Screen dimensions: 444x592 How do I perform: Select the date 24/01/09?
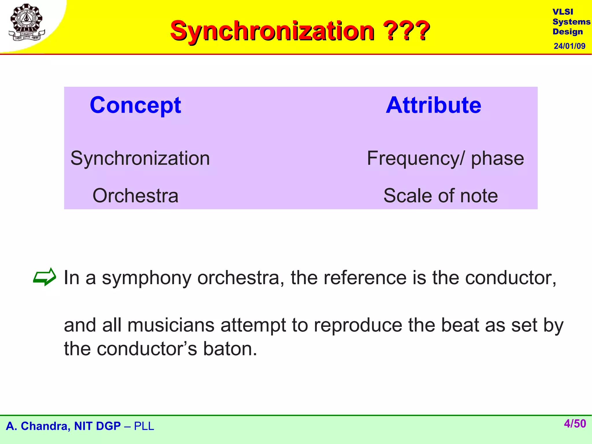[569, 46]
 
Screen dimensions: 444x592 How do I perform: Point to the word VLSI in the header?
[563, 12]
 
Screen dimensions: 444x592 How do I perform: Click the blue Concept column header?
[135, 105]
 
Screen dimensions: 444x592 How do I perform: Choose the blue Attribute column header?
[433, 105]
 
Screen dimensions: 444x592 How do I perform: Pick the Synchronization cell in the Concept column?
[140, 158]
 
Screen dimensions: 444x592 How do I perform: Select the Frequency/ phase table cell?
[445, 158]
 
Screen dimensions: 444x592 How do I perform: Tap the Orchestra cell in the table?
[135, 196]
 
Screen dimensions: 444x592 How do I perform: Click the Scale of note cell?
[441, 196]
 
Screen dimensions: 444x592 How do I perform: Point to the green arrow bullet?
[44, 277]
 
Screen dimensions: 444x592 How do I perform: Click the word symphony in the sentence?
[147, 278]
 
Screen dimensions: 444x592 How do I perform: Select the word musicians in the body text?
[171, 325]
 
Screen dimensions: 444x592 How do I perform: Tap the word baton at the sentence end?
[230, 349]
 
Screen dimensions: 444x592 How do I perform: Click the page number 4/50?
[575, 424]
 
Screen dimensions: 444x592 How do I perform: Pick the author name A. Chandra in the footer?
[38, 426]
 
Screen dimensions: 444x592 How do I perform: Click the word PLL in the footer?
[144, 426]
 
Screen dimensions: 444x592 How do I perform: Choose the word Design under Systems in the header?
[568, 32]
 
